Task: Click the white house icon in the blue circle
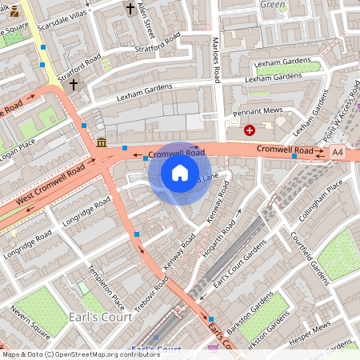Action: tap(180, 172)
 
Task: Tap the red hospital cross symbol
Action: tap(250, 130)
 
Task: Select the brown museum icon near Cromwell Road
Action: tap(102, 142)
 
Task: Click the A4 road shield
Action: tap(338, 150)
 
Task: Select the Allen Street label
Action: tap(146, 19)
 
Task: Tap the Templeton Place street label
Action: tap(107, 288)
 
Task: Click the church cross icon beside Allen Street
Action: tap(130, 9)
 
